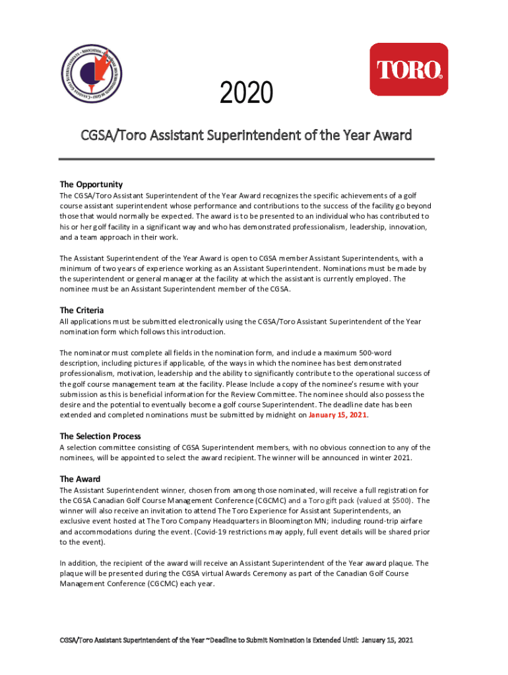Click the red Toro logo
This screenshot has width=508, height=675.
(x=408, y=69)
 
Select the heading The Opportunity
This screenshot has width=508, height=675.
(x=91, y=184)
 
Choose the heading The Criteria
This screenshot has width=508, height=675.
(x=82, y=310)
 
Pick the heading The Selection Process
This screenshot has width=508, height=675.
(x=100, y=436)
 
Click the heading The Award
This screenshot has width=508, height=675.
(x=80, y=479)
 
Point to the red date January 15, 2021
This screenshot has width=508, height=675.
(x=338, y=415)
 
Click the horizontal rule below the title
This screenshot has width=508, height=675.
(x=247, y=159)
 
